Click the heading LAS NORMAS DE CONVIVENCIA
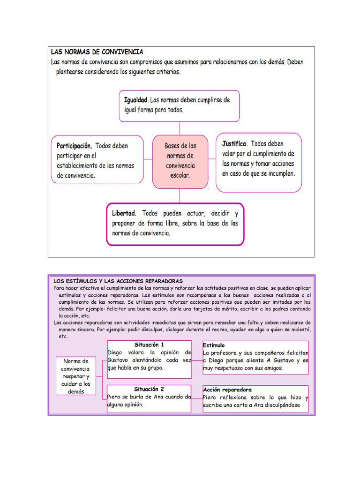tap(97, 52)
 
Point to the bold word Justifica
tap(234, 143)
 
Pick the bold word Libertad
tap(124, 213)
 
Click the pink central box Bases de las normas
tap(180, 161)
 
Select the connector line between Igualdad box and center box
tap(180, 128)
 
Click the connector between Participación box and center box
tap(149, 159)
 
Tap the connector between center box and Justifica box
tap(211, 159)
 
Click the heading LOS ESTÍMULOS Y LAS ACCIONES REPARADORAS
tap(118, 280)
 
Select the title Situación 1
tap(149, 345)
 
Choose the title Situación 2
tap(149, 389)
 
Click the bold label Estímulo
tap(214, 345)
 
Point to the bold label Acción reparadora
tap(227, 390)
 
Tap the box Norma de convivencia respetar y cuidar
tap(75, 376)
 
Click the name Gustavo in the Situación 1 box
tap(121, 360)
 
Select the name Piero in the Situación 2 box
tap(115, 397)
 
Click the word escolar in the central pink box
tap(180, 175)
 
